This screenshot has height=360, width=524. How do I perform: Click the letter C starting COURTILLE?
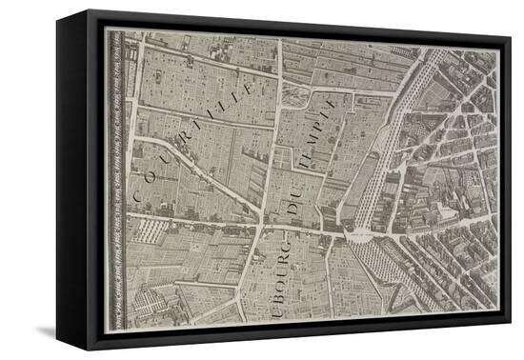point(139,193)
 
